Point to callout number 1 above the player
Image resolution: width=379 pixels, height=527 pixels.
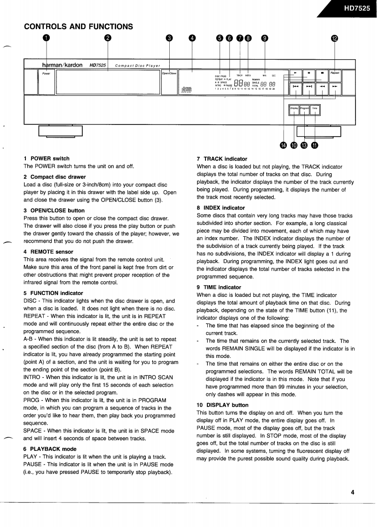[47, 39]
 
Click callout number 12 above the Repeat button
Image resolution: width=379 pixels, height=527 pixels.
[334, 39]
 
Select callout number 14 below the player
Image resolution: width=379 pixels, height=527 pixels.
[283, 146]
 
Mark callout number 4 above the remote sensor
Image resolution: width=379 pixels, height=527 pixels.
[191, 39]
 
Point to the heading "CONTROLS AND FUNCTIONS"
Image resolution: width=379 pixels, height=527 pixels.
[79, 27]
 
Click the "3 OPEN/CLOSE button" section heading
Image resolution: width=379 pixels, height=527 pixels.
[54, 210]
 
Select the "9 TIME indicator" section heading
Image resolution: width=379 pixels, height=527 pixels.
[219, 287]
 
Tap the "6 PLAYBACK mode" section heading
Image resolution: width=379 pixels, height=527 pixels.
[50, 449]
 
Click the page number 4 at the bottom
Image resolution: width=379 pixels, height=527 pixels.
[352, 492]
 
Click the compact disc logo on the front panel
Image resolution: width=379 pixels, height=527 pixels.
[186, 89]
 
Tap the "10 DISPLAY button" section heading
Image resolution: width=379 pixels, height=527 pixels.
[222, 405]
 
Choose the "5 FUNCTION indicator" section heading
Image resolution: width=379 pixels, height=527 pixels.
[53, 293]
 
